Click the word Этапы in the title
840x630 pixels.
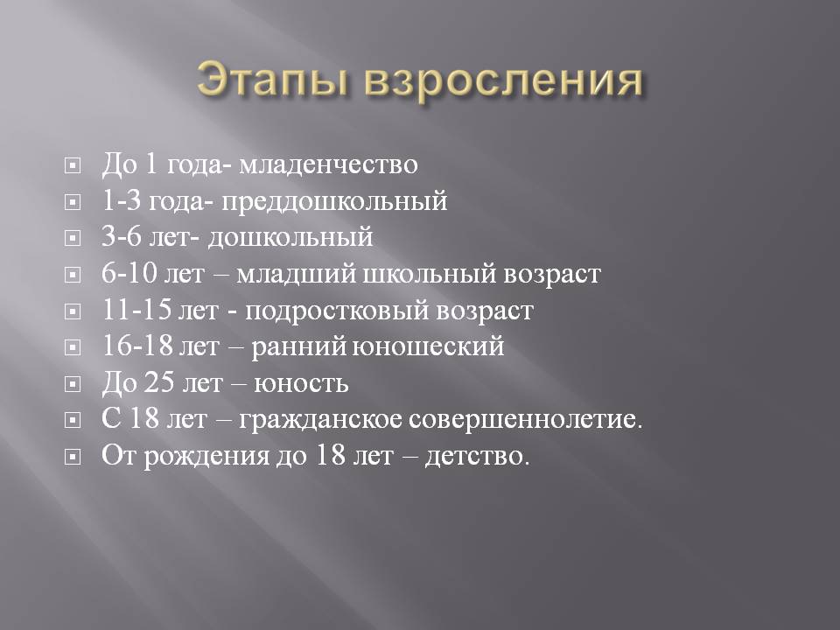(274, 80)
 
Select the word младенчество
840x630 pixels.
(328, 164)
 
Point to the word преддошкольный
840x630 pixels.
(334, 202)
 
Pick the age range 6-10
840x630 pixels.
(129, 273)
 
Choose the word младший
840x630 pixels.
(297, 275)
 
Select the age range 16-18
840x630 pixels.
(137, 346)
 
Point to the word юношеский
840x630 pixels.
(429, 346)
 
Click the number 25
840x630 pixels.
(159, 382)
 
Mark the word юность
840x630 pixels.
(301, 384)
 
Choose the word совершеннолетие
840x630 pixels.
(526, 419)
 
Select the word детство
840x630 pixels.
(478, 457)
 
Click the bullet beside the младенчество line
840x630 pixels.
(73, 165)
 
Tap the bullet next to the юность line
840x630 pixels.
(73, 384)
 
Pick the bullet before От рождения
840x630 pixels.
(73, 457)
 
